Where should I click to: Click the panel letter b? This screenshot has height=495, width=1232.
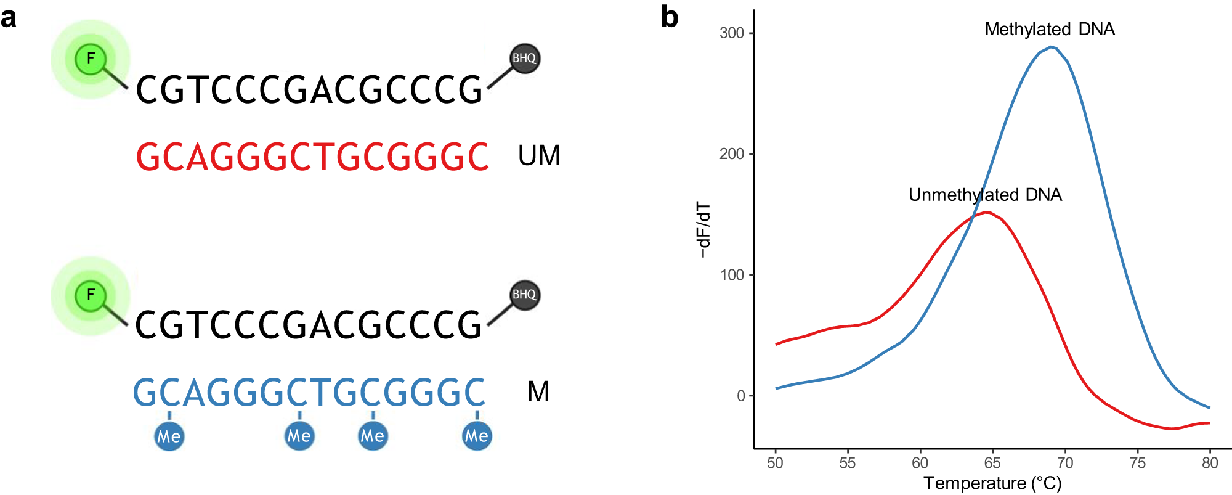tap(670, 17)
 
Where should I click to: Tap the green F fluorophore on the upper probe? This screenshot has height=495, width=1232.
tap(91, 59)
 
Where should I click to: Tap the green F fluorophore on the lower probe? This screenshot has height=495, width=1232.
tap(91, 295)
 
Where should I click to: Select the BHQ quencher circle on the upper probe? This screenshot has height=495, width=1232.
tap(525, 59)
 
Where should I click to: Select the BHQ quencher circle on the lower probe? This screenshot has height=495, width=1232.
tap(525, 295)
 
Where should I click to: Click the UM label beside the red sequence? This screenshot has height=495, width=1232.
tap(539, 155)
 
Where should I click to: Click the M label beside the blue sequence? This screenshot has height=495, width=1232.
tap(538, 391)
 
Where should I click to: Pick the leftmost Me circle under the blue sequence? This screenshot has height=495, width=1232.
tap(169, 436)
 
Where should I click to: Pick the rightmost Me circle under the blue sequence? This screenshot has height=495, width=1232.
tap(477, 436)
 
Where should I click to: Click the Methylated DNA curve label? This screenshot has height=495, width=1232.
tap(1049, 29)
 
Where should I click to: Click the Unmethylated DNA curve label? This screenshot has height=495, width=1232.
tap(985, 195)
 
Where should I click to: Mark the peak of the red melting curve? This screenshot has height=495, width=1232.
tap(987, 212)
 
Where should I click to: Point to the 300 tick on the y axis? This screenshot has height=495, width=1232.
tap(732, 33)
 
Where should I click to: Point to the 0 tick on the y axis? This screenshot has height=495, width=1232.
tap(740, 396)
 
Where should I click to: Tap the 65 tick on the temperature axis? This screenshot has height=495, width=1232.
tap(992, 462)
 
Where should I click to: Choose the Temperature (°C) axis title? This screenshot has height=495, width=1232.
tap(992, 483)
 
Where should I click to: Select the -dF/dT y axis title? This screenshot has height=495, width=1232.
tap(703, 229)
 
